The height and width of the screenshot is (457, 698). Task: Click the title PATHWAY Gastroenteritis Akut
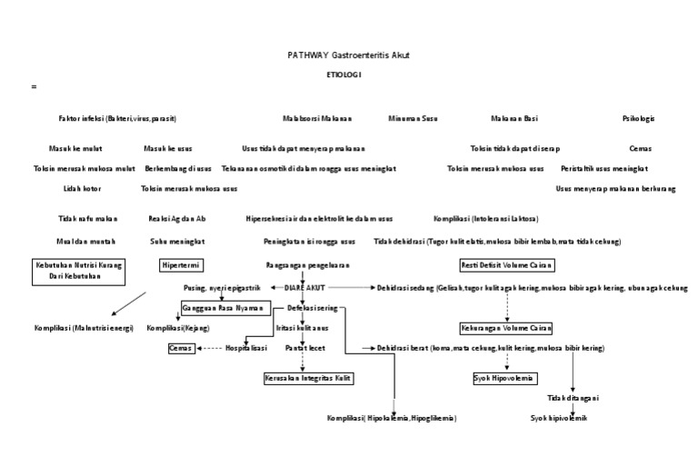point(348,55)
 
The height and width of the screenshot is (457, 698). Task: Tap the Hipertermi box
point(181,264)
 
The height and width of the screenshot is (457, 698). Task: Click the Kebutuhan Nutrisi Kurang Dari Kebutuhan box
point(79,271)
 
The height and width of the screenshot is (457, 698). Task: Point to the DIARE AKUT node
point(304,287)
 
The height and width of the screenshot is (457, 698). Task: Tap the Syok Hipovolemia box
point(505,376)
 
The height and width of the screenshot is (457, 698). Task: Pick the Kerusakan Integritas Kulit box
point(308,376)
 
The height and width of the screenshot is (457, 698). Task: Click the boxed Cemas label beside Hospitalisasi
point(180,348)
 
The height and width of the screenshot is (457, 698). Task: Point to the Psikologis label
point(638,118)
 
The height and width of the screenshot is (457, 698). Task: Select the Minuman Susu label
point(414,118)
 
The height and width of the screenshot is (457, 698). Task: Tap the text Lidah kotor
point(82,188)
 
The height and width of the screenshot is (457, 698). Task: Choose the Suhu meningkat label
point(176,241)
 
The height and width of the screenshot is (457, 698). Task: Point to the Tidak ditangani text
point(573,397)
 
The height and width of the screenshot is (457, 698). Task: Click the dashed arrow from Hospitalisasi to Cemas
point(210,348)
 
